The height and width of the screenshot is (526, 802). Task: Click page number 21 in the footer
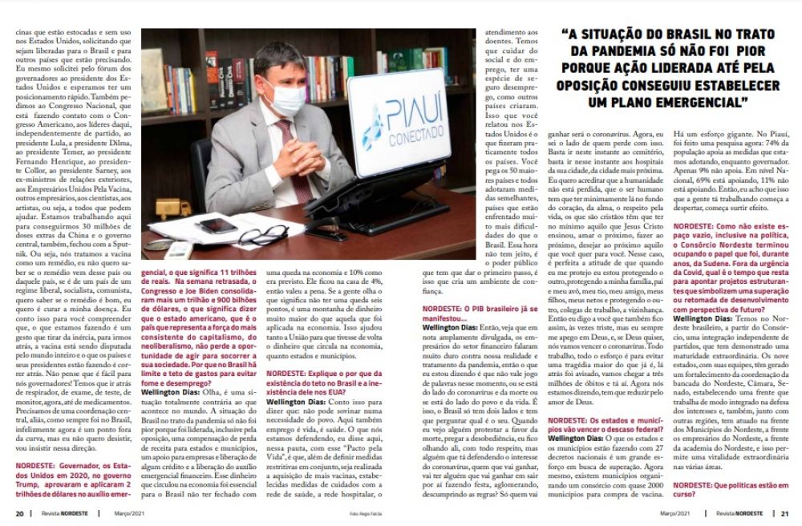[x=784, y=513]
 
